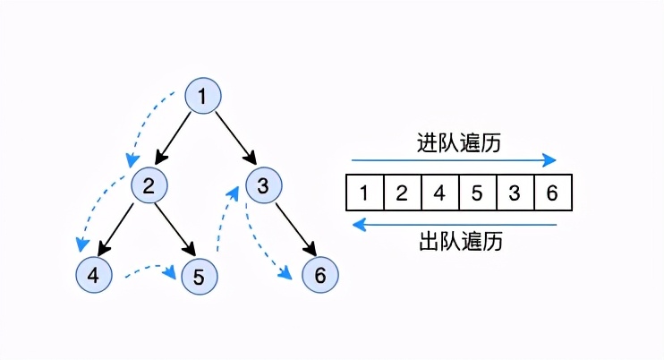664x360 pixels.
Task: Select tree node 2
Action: point(149,186)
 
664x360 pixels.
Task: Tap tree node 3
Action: point(262,186)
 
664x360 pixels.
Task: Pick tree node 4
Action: point(94,276)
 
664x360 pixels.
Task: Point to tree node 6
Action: point(319,276)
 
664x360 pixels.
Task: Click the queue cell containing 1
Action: point(364,193)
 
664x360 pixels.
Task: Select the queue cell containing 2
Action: point(402,193)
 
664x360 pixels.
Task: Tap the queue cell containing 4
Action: point(439,193)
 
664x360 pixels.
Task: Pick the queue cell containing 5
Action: point(477,193)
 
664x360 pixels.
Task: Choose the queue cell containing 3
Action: point(515,193)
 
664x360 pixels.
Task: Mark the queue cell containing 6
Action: point(552,193)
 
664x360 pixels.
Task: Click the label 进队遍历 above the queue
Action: point(454,142)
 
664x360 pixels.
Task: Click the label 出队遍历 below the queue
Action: point(454,241)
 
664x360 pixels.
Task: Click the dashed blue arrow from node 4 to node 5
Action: point(146,269)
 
